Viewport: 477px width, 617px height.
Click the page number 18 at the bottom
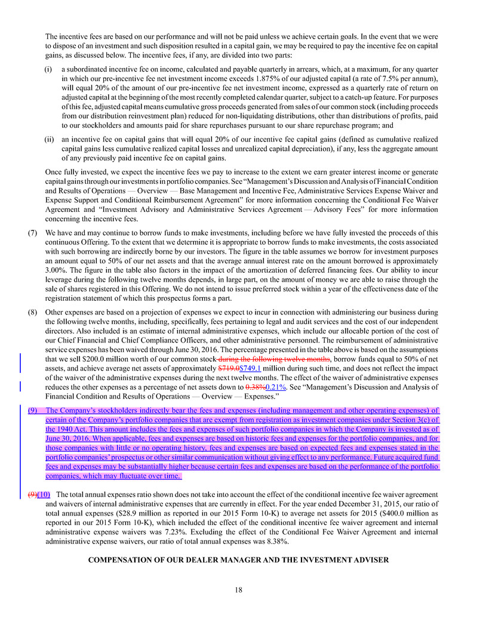point(238,590)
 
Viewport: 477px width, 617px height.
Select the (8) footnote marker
point(33,312)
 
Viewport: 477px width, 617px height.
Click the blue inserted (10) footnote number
point(44,495)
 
